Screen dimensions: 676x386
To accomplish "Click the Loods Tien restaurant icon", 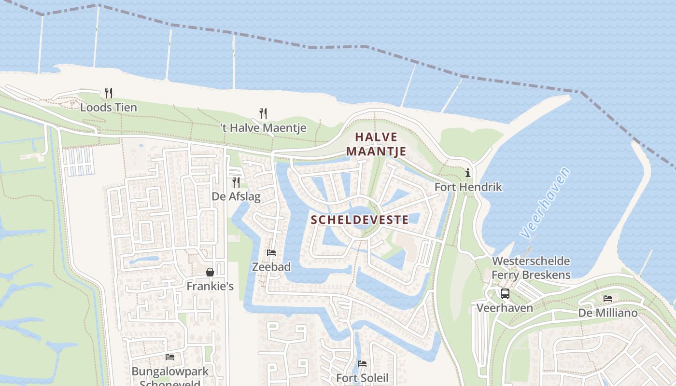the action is tap(109, 93).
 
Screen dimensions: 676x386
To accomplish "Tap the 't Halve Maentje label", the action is tap(263, 128).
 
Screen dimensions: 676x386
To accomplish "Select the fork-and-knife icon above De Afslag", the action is tap(236, 182).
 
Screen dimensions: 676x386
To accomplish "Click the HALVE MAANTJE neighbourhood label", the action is tap(376, 144).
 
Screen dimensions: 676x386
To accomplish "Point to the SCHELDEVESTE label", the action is tap(360, 220).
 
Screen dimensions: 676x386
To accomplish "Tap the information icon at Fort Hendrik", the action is tap(467, 173).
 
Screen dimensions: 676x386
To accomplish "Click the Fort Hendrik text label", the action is tap(468, 187).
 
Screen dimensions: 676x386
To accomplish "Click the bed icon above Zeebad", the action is tap(271, 252).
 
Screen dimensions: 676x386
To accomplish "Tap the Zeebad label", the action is tap(271, 267).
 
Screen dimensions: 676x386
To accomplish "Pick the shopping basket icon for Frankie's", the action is tap(210, 272).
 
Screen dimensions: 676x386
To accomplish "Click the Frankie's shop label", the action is tap(210, 286).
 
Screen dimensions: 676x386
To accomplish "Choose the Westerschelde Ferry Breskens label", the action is tap(531, 268).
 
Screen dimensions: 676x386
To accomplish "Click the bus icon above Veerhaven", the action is tap(505, 293).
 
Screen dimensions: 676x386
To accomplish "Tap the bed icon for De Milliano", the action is tap(608, 299).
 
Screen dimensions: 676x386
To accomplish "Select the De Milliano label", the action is tap(608, 313).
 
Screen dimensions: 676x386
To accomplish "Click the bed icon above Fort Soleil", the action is tap(362, 363).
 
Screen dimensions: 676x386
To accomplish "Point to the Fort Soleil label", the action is tap(362, 377).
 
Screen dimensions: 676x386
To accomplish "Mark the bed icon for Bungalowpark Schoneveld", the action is tap(170, 357).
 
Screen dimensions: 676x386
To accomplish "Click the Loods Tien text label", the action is tap(109, 107).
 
